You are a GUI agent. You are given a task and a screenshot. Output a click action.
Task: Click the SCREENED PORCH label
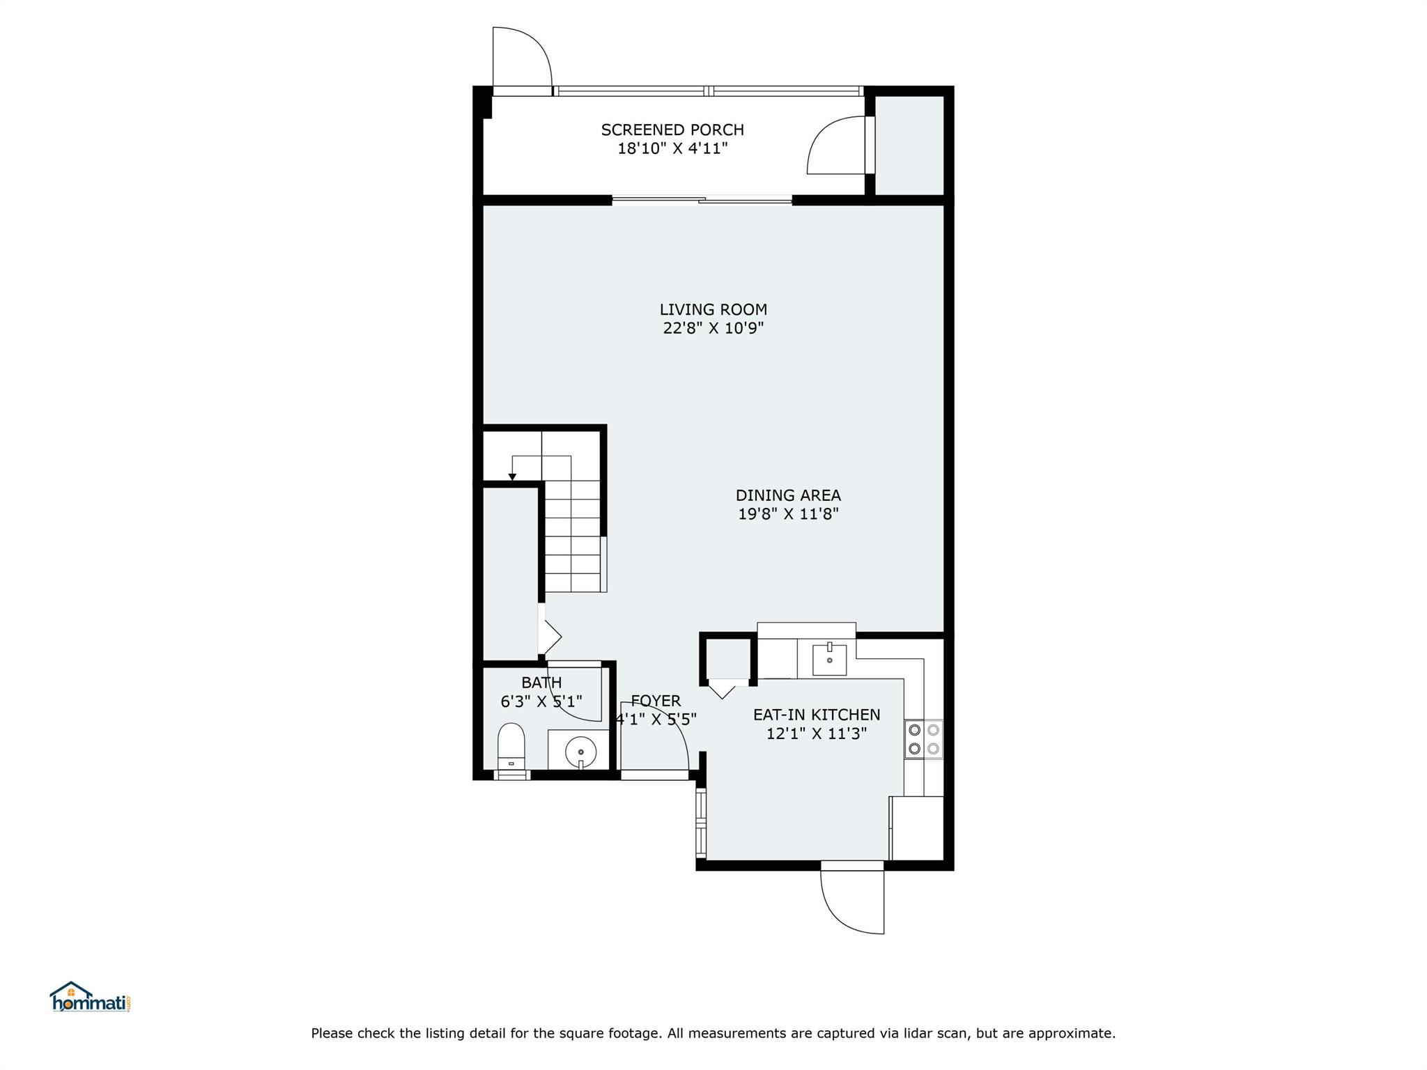pyautogui.click(x=672, y=130)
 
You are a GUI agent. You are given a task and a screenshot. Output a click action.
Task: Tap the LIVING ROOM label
pyautogui.click(x=713, y=309)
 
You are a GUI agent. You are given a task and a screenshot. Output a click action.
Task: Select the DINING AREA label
pyautogui.click(x=788, y=495)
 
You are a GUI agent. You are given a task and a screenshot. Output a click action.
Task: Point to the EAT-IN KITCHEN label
pyautogui.click(x=817, y=715)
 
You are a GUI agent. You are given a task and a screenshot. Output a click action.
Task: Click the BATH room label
pyautogui.click(x=541, y=683)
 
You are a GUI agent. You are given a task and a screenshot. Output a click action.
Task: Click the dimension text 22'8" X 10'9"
pyautogui.click(x=713, y=328)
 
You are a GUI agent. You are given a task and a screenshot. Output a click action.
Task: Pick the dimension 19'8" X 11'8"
pyautogui.click(x=788, y=514)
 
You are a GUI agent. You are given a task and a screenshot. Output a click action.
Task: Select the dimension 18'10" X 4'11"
pyautogui.click(x=672, y=148)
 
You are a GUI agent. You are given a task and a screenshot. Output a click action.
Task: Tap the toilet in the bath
pyautogui.click(x=511, y=750)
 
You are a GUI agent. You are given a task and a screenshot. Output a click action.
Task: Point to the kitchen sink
pyautogui.click(x=830, y=660)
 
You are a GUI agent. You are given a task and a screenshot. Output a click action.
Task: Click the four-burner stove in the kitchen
pyautogui.click(x=924, y=740)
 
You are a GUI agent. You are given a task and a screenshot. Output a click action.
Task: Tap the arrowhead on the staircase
pyautogui.click(x=512, y=476)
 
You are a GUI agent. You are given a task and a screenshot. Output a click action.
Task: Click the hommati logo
pyautogui.click(x=91, y=997)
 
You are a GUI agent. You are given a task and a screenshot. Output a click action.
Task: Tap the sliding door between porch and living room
pyautogui.click(x=702, y=201)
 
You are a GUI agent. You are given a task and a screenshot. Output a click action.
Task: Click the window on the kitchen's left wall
pyautogui.click(x=701, y=823)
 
